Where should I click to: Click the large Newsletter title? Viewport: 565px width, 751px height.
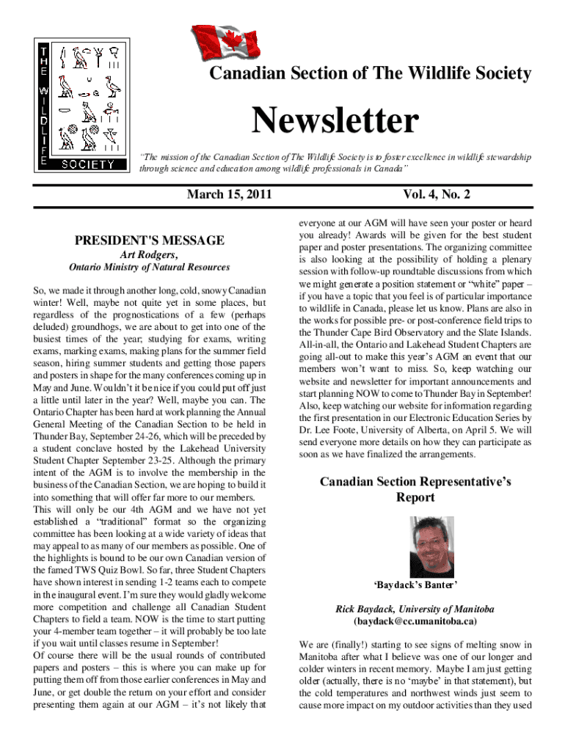click(336, 122)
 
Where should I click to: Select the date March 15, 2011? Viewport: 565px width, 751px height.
click(230, 194)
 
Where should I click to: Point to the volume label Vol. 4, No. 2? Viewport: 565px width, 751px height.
click(437, 194)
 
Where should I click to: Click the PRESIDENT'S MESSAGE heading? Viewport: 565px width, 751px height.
click(150, 241)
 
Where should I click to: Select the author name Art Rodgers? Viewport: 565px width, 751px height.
click(149, 254)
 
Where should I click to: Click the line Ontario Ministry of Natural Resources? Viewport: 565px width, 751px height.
click(149, 268)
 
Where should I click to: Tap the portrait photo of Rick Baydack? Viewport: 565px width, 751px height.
click(415, 548)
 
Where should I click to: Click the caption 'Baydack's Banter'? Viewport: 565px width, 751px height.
click(415, 585)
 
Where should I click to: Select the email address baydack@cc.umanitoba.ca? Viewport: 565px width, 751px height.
click(415, 621)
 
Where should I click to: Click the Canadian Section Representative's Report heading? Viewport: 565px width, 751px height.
click(415, 489)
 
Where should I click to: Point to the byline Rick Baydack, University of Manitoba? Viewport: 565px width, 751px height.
click(415, 609)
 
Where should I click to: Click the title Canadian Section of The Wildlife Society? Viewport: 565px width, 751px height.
click(371, 73)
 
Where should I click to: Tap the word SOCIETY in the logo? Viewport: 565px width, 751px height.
click(87, 164)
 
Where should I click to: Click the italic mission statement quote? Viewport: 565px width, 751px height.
click(335, 162)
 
